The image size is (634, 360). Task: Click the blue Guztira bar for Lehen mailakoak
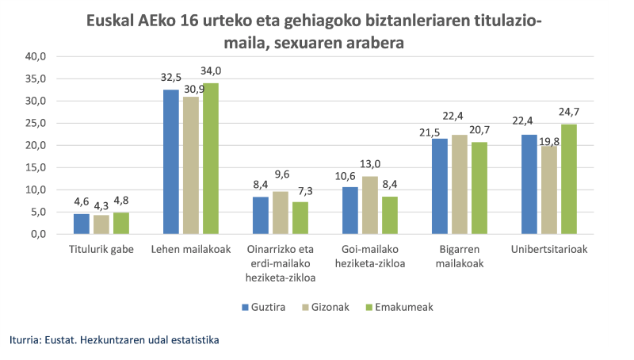[170, 163]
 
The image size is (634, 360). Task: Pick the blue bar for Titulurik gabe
[81, 224]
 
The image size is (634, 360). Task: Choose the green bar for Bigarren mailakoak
[479, 188]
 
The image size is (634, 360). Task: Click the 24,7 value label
[569, 113]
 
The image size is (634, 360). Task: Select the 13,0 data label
[369, 165]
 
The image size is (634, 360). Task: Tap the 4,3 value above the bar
[101, 204]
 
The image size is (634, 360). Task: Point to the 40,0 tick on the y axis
[36, 56]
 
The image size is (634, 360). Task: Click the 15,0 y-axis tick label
[36, 168]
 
